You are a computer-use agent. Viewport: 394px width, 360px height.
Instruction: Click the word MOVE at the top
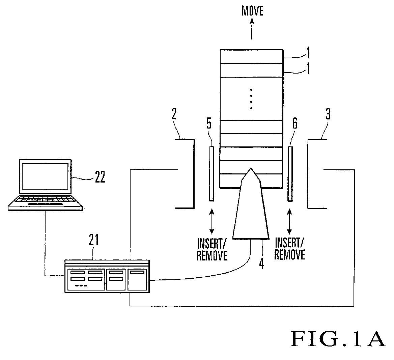(252, 11)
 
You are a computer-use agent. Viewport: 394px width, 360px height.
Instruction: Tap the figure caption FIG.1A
(338, 339)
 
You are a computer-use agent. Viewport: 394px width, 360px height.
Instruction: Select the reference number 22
(100, 177)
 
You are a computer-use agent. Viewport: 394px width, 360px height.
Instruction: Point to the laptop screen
(45, 176)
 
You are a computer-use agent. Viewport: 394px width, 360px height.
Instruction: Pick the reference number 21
(93, 240)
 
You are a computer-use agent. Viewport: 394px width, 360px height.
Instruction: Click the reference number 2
(174, 114)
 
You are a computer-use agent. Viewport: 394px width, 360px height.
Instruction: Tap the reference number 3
(328, 114)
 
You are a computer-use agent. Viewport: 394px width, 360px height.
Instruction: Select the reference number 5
(209, 123)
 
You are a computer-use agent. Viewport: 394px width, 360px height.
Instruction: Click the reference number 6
(295, 123)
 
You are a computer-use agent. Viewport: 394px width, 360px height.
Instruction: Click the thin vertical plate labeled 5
(212, 174)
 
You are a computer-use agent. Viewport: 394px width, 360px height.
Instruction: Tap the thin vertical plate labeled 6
(290, 174)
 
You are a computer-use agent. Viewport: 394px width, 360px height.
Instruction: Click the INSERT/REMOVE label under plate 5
(212, 250)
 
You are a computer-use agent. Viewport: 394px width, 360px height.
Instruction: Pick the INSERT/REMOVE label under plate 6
(289, 249)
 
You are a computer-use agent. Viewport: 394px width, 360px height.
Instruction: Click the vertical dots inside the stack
(251, 99)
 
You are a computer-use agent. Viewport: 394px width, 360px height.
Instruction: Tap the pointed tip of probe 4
(250, 168)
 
